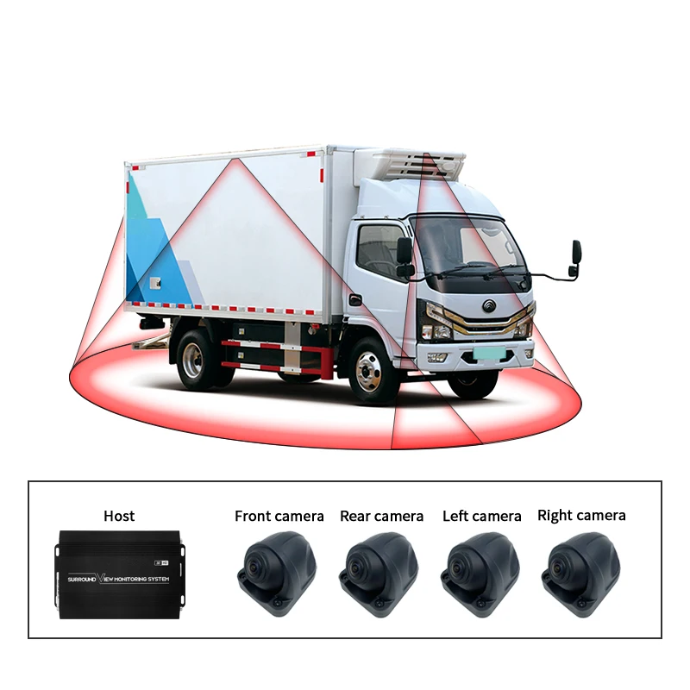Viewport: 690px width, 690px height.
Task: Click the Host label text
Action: pyautogui.click(x=119, y=516)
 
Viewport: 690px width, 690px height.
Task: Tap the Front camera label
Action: pyautogui.click(x=279, y=516)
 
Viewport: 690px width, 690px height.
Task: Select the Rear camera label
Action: pyautogui.click(x=381, y=516)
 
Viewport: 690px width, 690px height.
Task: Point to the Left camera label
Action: pyautogui.click(x=481, y=516)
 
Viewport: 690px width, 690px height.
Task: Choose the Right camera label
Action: pyautogui.click(x=581, y=515)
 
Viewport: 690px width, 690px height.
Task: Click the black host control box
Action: pyautogui.click(x=119, y=574)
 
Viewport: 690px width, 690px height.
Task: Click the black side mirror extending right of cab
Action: pyautogui.click(x=574, y=259)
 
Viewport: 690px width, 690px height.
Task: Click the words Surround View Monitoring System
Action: pyautogui.click(x=119, y=579)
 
